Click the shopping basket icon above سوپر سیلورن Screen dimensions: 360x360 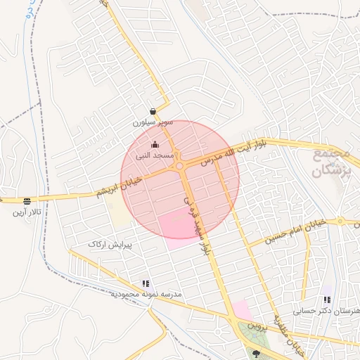click(x=153, y=111)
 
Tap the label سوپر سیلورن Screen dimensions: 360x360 click(x=152, y=122)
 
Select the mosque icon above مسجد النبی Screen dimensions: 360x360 click(x=155, y=145)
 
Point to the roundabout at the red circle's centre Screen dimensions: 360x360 click(x=180, y=166)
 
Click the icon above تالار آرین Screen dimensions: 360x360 click(x=27, y=201)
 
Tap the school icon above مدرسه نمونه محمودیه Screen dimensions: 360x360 click(x=146, y=283)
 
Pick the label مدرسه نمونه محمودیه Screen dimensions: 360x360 click(x=146, y=293)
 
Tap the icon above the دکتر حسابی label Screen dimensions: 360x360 click(x=327, y=300)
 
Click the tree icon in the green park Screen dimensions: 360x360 click(x=256, y=354)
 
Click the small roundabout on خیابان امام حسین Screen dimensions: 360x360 click(x=340, y=220)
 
